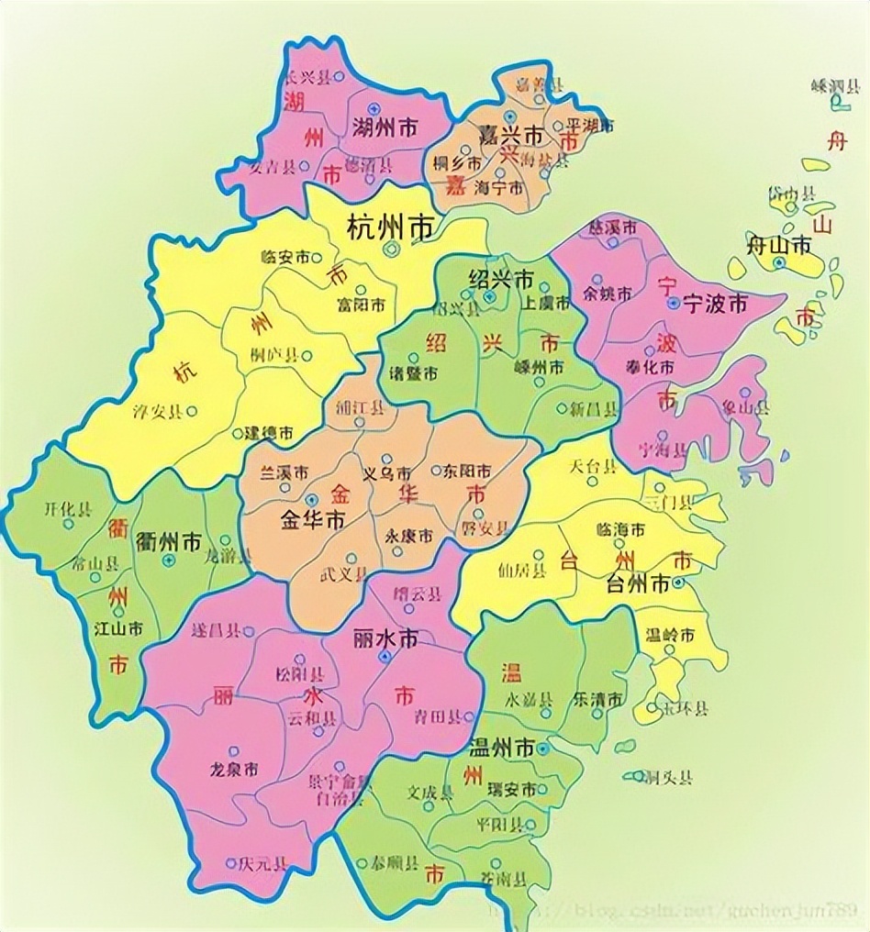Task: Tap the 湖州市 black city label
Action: (x=385, y=129)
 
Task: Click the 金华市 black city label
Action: (x=312, y=520)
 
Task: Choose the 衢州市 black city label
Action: (x=168, y=540)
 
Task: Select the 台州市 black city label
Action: (x=641, y=582)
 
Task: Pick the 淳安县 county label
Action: (x=158, y=411)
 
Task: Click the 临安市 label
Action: (x=285, y=258)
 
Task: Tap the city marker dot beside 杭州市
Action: (x=393, y=249)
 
